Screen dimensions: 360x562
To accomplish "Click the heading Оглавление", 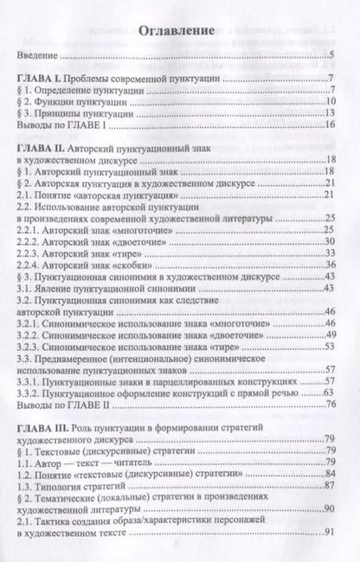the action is click(179, 29).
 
